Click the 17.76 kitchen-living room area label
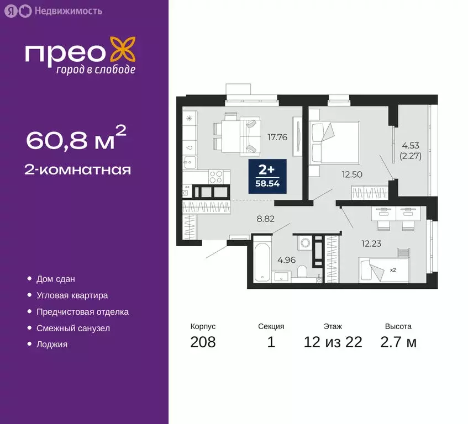pyautogui.click(x=277, y=137)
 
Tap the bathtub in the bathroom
pyautogui.click(x=262, y=259)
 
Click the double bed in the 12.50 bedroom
pyautogui.click(x=335, y=142)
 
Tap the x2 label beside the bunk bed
pyautogui.click(x=393, y=270)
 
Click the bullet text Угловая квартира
pyautogui.click(x=72, y=295)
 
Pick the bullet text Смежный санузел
pyautogui.click(x=73, y=328)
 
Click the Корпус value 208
pyautogui.click(x=203, y=342)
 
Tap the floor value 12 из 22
pyautogui.click(x=333, y=342)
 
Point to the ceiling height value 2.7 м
pyautogui.click(x=398, y=342)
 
